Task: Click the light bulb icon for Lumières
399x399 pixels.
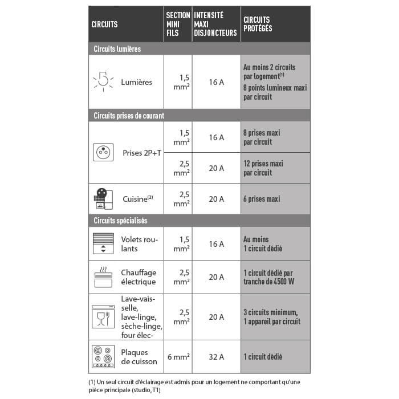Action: click(103, 82)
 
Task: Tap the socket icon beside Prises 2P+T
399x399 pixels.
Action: click(103, 152)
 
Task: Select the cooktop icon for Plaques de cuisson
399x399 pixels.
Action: click(103, 356)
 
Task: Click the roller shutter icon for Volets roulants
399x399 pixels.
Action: click(103, 243)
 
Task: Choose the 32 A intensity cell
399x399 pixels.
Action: click(216, 357)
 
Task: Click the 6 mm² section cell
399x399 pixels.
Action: click(178, 357)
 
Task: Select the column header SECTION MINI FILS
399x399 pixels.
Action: click(178, 25)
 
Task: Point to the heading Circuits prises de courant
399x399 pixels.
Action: click(129, 116)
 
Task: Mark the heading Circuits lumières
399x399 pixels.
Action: click(117, 49)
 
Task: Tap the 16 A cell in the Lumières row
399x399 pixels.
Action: click(216, 82)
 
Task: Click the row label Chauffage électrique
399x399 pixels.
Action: click(139, 277)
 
